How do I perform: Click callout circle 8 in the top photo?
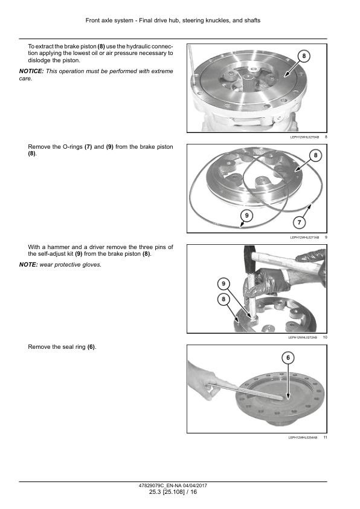(304, 56)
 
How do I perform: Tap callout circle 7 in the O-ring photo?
(299, 222)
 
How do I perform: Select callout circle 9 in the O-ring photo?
(247, 215)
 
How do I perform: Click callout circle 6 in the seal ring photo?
(288, 358)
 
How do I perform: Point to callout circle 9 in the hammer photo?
(223, 284)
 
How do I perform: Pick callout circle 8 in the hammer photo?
(223, 299)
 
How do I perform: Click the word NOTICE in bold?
(31, 71)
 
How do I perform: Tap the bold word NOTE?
(28, 265)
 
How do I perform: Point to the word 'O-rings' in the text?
(72, 147)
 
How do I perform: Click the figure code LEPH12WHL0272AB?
(303, 337)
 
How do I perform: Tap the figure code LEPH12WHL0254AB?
(303, 438)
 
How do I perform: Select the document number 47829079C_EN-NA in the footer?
(159, 485)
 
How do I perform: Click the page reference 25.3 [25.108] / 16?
(173, 492)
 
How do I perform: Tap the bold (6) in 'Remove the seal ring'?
(91, 347)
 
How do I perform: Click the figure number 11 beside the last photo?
(326, 438)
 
